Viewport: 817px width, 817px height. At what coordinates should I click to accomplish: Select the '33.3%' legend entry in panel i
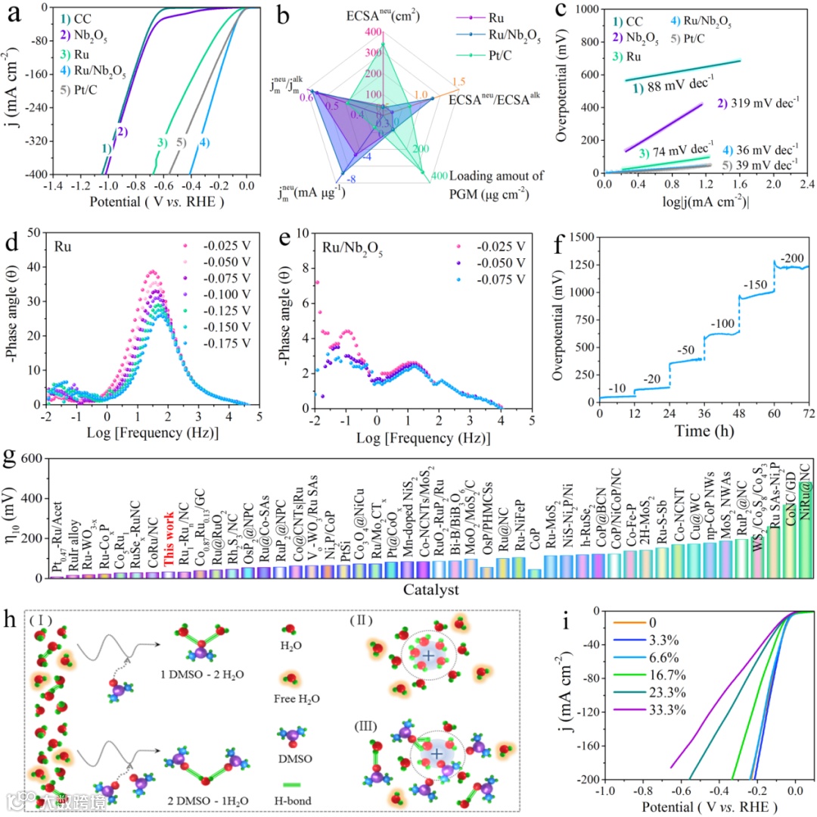pos(656,731)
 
